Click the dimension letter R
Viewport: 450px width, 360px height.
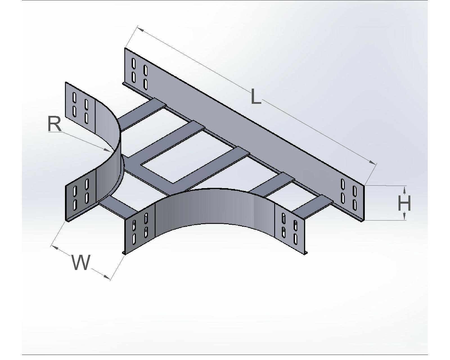[55, 124]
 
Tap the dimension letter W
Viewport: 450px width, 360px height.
[81, 262]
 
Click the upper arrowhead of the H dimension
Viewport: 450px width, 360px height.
[404, 190]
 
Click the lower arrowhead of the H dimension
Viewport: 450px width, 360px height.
[404, 216]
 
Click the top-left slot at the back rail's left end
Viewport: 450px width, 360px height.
[134, 64]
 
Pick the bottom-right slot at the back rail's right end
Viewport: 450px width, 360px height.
[354, 205]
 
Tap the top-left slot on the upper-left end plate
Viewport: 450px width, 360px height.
[74, 97]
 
